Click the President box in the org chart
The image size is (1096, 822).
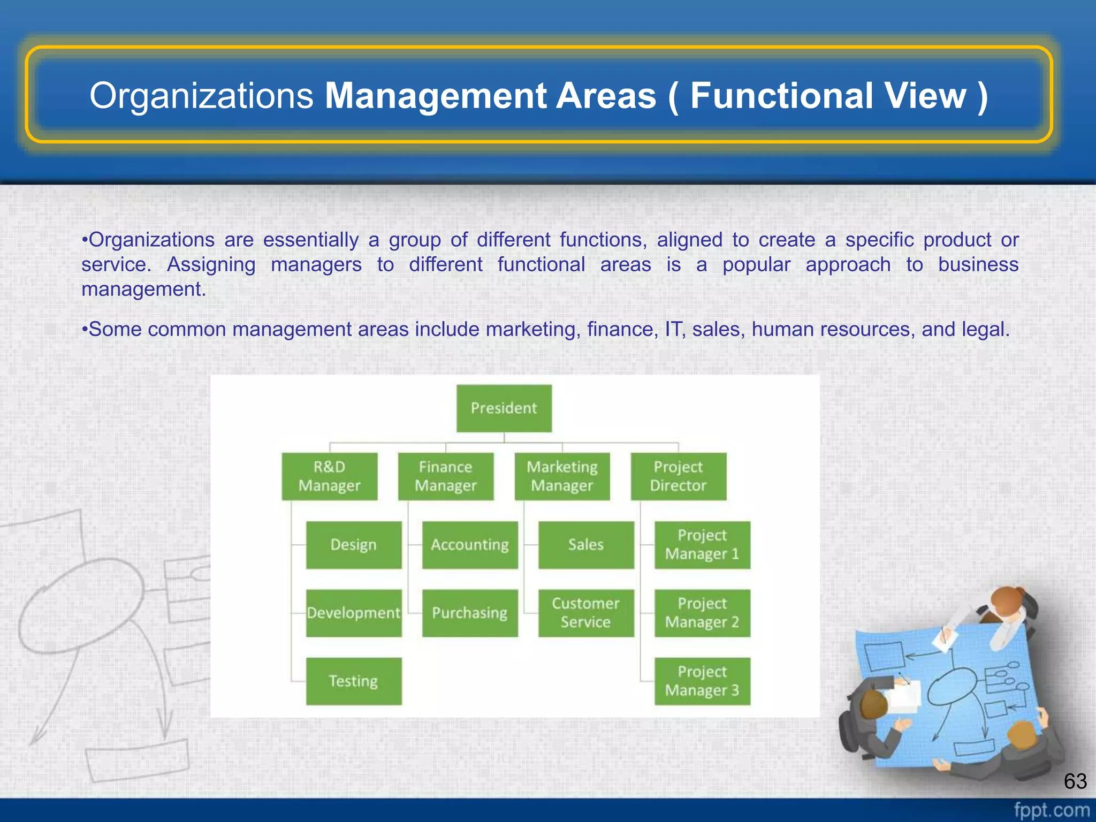click(x=504, y=408)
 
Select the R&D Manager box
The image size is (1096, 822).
click(x=329, y=476)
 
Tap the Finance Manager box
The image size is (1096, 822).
click(x=445, y=476)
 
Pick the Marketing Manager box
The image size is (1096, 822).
click(x=562, y=476)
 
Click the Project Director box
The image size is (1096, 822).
click(x=678, y=476)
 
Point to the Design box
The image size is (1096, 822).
click(x=353, y=545)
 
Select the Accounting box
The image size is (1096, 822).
click(x=470, y=545)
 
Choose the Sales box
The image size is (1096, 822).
click(x=586, y=545)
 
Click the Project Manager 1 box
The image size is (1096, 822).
click(x=702, y=545)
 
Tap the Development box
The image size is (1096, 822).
click(x=353, y=613)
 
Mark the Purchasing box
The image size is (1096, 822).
click(x=470, y=613)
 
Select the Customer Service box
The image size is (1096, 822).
click(x=586, y=613)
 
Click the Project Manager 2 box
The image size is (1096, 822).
click(x=702, y=613)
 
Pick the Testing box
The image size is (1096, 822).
click(x=353, y=681)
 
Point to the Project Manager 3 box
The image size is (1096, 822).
click(x=702, y=681)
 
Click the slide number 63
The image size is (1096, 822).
click(x=1075, y=781)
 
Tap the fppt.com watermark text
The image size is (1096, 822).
click(x=1052, y=810)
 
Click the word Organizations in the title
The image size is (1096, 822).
click(x=201, y=96)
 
